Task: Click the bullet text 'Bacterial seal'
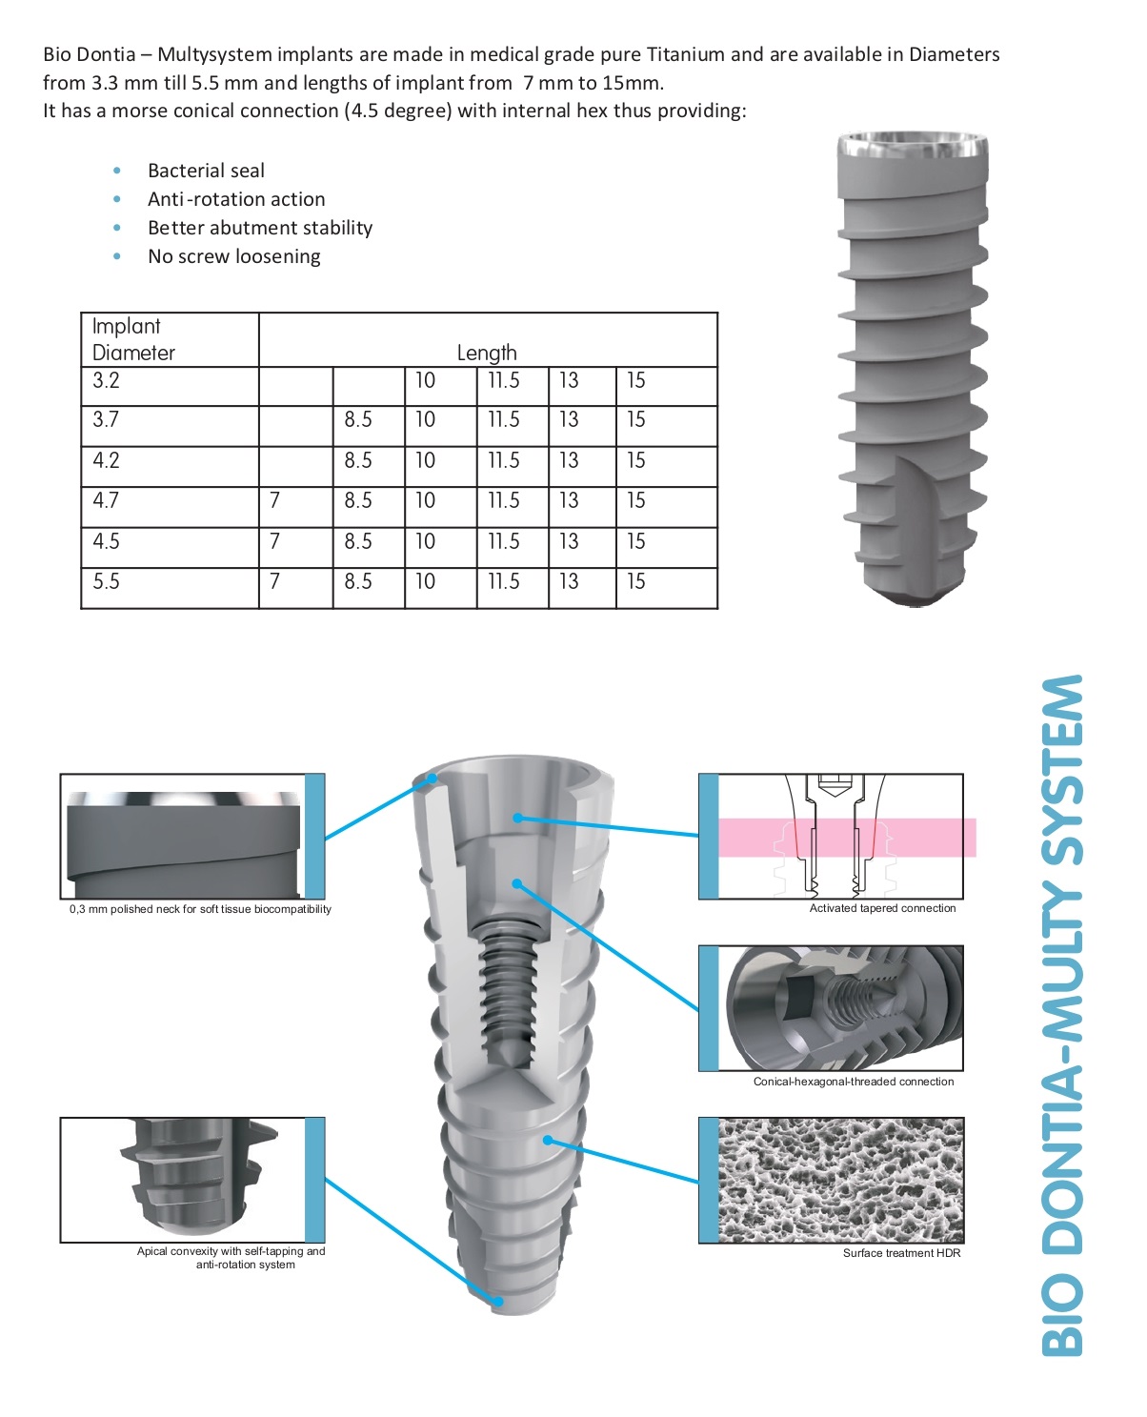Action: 206,171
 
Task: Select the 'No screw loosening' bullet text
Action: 233,256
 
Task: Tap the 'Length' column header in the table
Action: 487,353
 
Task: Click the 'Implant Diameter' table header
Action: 133,339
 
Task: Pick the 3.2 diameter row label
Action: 106,381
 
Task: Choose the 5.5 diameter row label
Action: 106,581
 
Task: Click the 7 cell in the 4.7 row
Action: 274,500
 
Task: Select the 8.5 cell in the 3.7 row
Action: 358,420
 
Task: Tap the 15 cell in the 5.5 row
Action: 635,581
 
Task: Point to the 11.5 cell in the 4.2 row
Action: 504,460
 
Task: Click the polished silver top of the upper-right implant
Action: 912,148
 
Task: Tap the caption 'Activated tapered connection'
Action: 882,908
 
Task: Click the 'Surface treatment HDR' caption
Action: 901,1253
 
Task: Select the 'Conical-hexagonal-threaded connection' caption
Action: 853,1082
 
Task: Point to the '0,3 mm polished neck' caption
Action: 200,909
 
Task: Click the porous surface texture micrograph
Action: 841,1180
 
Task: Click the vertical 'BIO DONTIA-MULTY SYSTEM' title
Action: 1062,1015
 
